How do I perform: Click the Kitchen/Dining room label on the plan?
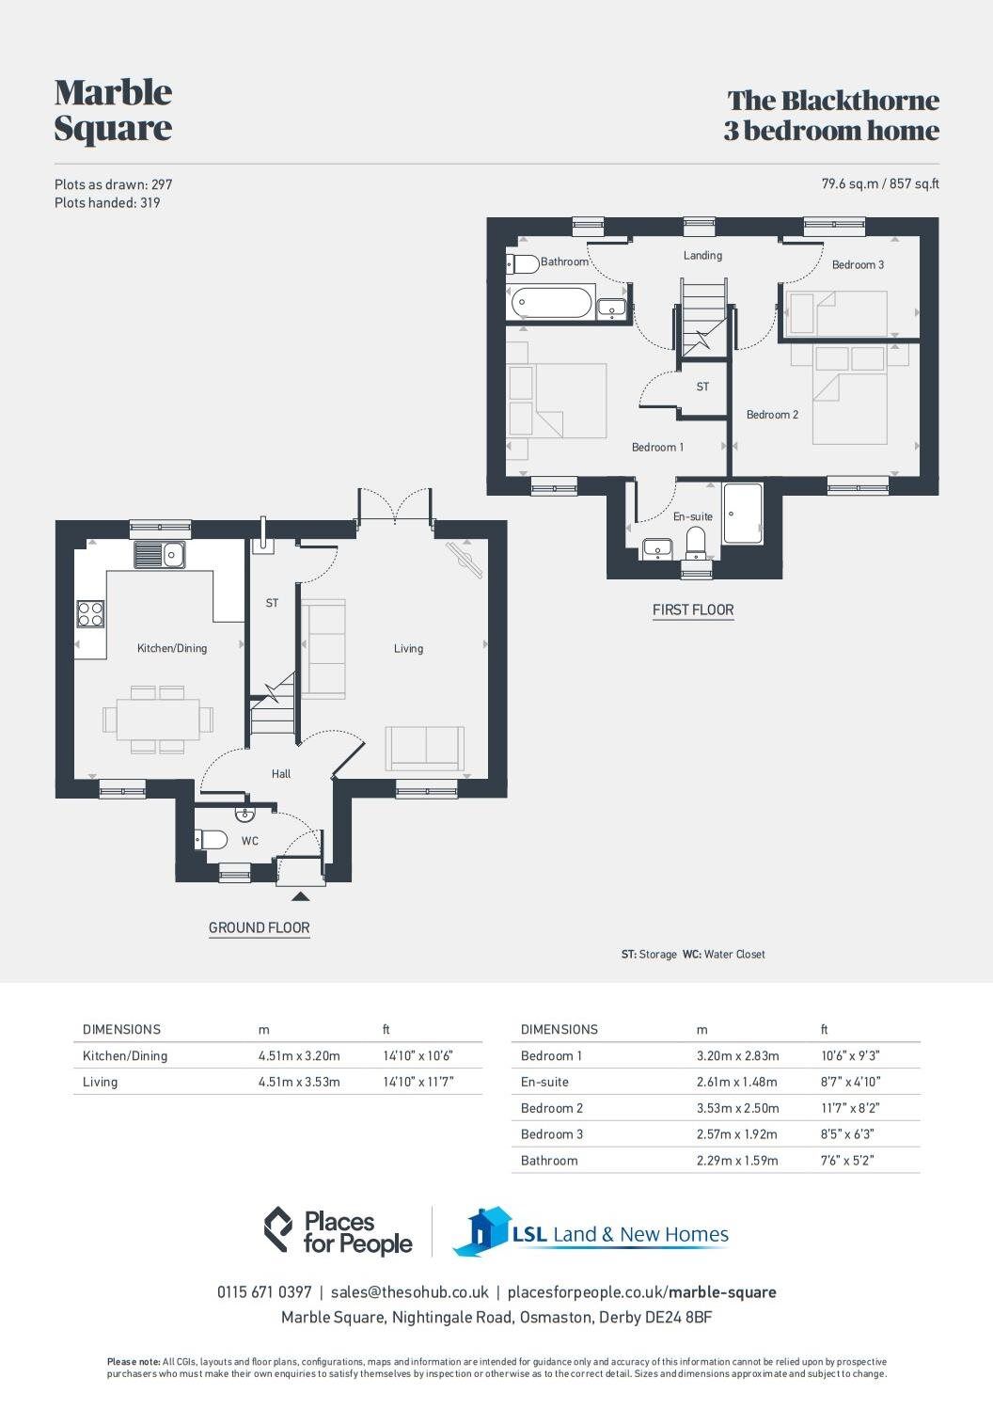pos(172,648)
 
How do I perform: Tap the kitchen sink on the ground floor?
pos(160,555)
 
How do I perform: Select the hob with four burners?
pos(90,614)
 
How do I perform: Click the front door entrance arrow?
pos(300,896)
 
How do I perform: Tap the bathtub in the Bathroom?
pos(550,303)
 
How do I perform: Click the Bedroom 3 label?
pos(858,264)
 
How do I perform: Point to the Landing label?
pos(702,255)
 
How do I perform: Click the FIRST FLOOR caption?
pos(693,610)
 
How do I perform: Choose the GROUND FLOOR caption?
pos(259,927)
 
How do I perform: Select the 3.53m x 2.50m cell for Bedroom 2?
pos(737,1108)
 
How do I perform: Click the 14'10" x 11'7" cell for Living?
pos(418,1082)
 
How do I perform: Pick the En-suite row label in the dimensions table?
pos(544,1082)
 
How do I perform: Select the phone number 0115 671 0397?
pos(264,1292)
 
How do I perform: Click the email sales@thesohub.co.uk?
pos(409,1292)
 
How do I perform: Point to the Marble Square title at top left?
pos(113,109)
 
